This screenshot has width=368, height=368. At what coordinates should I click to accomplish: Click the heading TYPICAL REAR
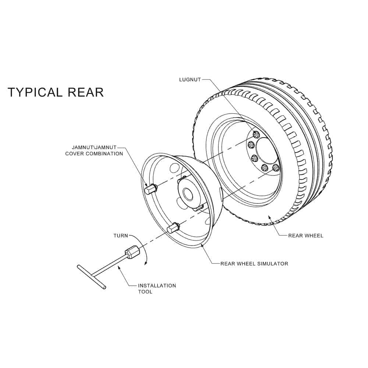[x=56, y=92]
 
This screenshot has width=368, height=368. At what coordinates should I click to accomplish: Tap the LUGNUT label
[x=190, y=79]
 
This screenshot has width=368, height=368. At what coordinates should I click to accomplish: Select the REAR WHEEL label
[x=305, y=236]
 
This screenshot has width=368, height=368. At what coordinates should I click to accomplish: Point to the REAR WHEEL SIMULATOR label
[x=254, y=263]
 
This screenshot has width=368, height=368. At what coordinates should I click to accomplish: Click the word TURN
[x=120, y=236]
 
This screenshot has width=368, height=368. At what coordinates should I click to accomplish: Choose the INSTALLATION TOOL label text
[x=157, y=289]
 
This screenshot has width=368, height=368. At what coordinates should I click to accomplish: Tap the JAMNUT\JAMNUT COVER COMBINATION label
[x=94, y=151]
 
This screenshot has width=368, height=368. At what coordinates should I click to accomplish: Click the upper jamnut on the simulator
[x=150, y=190]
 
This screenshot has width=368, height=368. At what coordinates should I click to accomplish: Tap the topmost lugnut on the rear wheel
[x=256, y=134]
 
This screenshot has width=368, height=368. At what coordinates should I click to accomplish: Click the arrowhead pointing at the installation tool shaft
[x=119, y=268]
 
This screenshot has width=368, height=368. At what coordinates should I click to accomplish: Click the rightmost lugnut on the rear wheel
[x=276, y=168]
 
